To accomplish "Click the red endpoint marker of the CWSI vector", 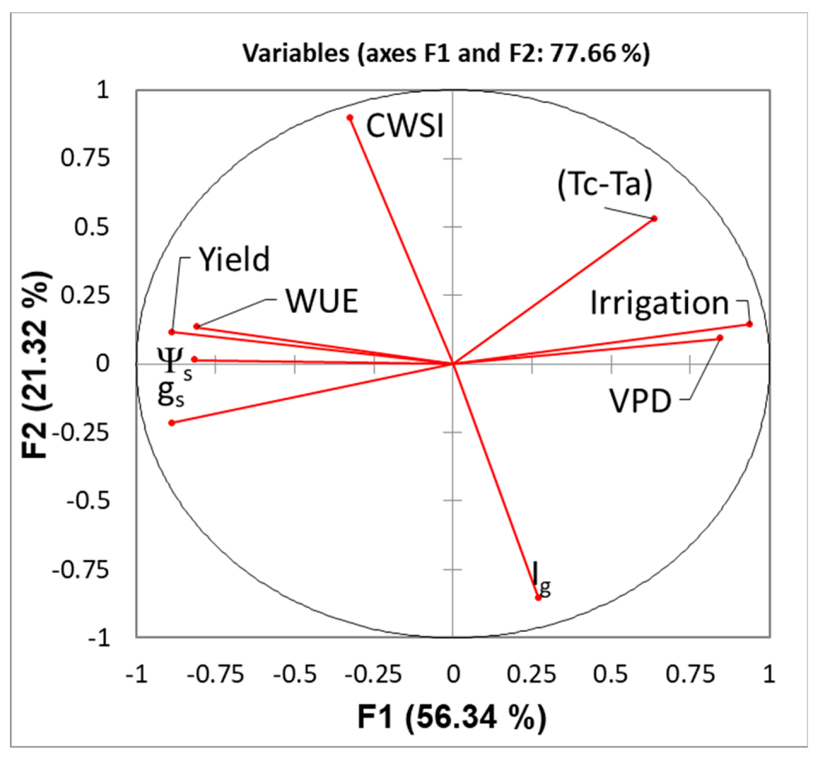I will [350, 118].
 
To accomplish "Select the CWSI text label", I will [405, 125].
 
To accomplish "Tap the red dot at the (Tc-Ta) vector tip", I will [654, 219].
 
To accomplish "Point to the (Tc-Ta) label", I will [605, 184].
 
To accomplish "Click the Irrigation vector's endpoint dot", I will [750, 324].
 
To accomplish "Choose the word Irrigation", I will [659, 303].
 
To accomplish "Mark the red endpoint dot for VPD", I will [720, 338].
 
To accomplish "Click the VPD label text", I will [640, 402].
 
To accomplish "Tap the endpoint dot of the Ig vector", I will [538, 597].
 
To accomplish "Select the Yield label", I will [234, 260].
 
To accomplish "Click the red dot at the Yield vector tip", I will [172, 332].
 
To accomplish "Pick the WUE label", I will [321, 301].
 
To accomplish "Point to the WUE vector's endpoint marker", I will [197, 326].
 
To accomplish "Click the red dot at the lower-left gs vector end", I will [172, 423].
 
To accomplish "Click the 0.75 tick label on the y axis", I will [85, 158].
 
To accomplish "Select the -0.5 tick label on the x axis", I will [294, 674].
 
